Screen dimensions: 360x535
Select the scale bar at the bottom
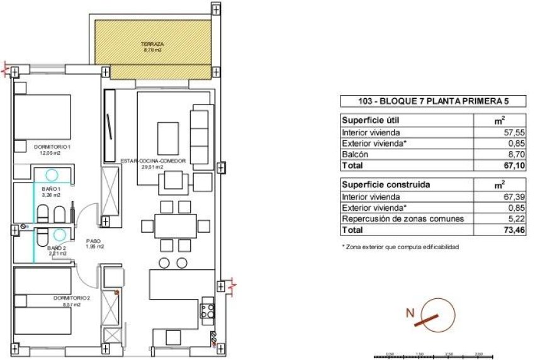coord(434,356)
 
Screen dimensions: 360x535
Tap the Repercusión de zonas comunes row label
coord(403,219)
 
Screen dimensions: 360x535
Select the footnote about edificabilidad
coord(400,247)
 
